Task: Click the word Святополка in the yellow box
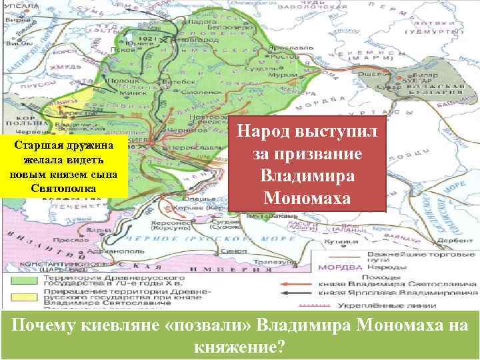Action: pos(63,187)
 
